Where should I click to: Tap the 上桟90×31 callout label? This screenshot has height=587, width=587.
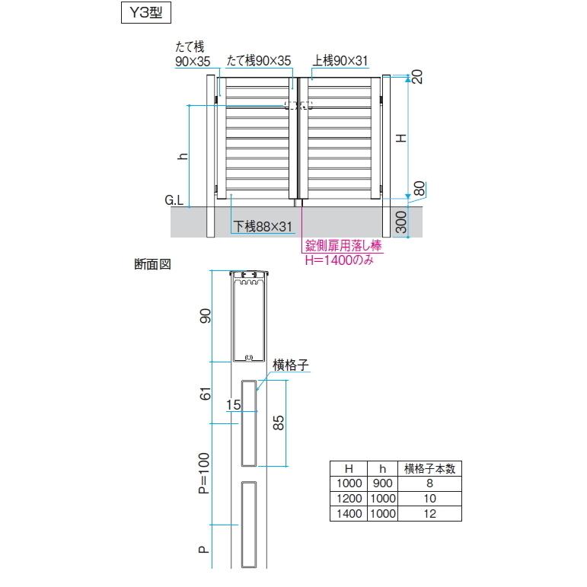(x=340, y=61)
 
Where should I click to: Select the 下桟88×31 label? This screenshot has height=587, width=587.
(x=263, y=226)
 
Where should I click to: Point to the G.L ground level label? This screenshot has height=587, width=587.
(x=174, y=201)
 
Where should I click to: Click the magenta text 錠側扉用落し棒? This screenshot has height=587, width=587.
(x=343, y=246)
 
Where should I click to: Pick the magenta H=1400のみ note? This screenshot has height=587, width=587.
(x=340, y=260)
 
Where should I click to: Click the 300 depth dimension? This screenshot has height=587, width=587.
(x=401, y=222)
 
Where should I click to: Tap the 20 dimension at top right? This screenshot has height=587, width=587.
(x=416, y=77)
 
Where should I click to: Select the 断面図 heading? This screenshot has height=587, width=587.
(x=152, y=265)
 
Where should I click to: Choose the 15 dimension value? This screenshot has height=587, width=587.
(x=233, y=405)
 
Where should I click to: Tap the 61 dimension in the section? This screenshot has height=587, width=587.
(x=203, y=394)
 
